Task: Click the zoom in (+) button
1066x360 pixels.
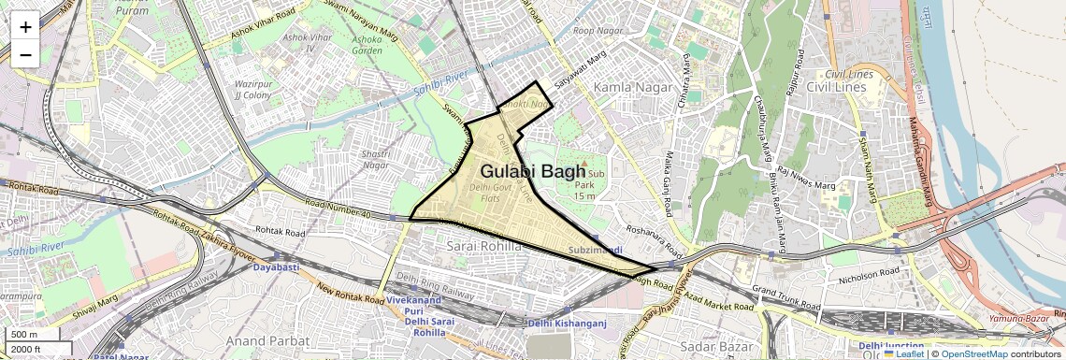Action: pyautogui.click(x=25, y=26)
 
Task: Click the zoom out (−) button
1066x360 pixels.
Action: pyautogui.click(x=25, y=54)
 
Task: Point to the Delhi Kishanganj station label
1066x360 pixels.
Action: pyautogui.click(x=568, y=324)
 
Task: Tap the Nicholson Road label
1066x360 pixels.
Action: pyautogui.click(x=869, y=275)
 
